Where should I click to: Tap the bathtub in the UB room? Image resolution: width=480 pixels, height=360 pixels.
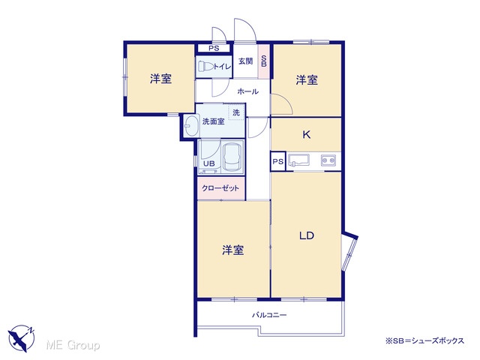[x=232, y=157]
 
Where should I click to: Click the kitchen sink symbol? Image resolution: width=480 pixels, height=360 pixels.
[x=299, y=160]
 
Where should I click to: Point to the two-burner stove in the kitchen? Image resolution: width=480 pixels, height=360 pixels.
[x=328, y=160]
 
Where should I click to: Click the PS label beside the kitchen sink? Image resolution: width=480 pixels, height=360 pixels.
[x=278, y=161]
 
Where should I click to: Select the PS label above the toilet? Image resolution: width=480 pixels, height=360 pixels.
[x=214, y=48]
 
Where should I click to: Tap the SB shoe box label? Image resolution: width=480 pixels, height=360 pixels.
[x=264, y=61]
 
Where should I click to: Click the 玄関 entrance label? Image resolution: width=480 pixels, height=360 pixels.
[x=245, y=61]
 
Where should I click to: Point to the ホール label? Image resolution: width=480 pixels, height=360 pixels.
[x=248, y=91]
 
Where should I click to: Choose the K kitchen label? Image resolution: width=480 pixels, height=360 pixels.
[x=307, y=134]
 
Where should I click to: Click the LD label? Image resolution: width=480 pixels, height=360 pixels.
[x=307, y=235]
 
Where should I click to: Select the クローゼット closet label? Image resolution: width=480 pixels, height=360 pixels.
[x=220, y=188]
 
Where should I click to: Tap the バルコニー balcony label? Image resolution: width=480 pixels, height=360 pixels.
[x=269, y=315]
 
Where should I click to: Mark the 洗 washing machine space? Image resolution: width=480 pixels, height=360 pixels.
[x=236, y=112]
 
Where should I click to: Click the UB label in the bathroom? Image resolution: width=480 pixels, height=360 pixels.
[x=209, y=163]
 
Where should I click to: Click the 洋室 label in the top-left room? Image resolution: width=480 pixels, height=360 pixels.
[x=160, y=79]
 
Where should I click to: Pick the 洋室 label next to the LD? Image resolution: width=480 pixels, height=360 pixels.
[x=233, y=250]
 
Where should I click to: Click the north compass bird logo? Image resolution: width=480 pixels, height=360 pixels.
[x=22, y=338]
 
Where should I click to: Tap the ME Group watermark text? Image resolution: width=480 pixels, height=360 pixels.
[x=73, y=345]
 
